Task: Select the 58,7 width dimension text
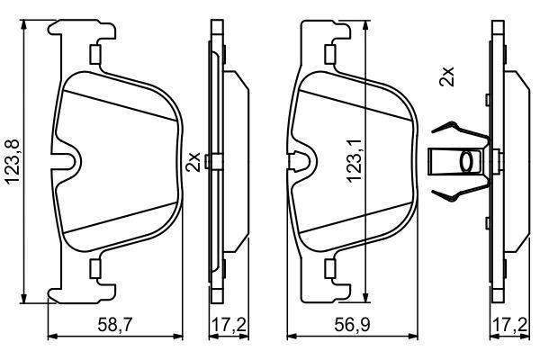coord(115,325)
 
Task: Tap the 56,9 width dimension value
coord(352,325)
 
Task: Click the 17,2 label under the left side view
coord(229,325)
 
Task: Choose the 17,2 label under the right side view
coord(510,325)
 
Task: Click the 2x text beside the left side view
coord(193,162)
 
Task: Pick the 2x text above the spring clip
coord(446,76)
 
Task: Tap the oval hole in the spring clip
coord(467,161)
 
